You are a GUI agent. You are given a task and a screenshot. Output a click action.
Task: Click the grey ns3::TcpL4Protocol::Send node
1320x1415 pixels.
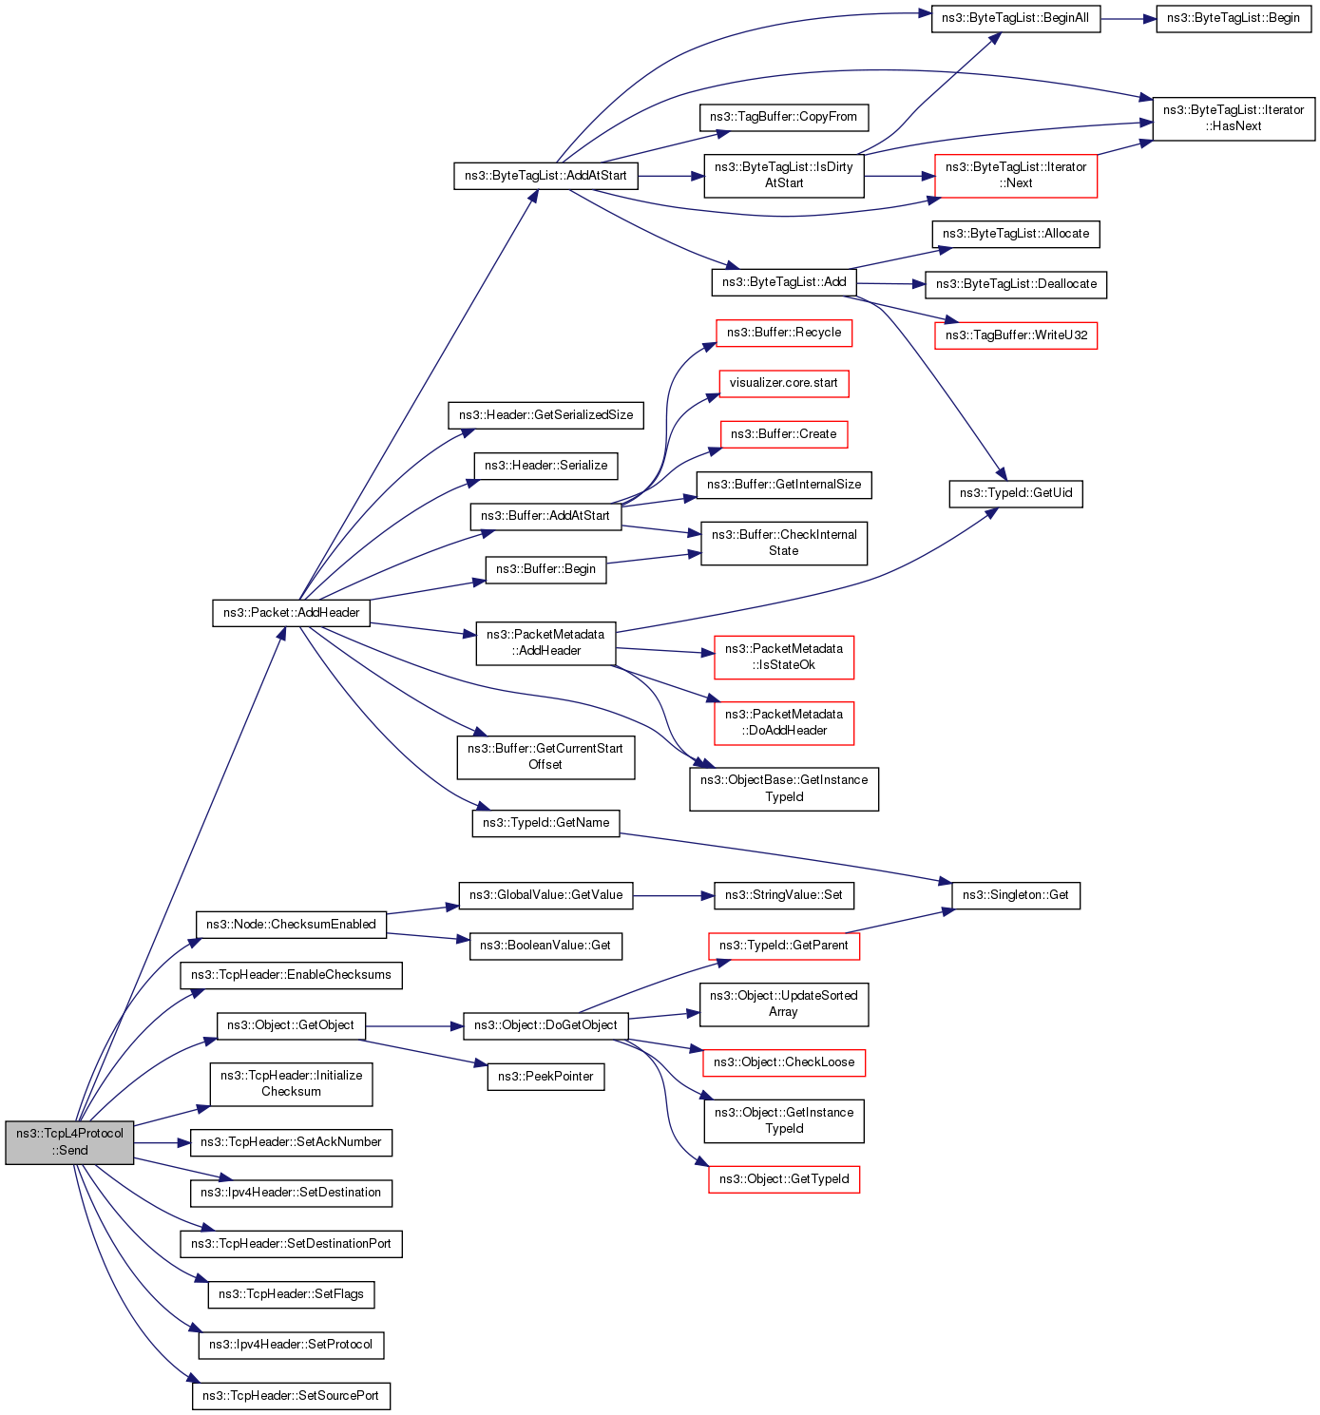point(69,1142)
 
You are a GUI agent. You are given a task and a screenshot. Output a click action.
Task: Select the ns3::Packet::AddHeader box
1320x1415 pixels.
point(291,613)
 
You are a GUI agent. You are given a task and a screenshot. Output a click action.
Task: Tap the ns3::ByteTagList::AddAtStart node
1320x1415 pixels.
point(545,176)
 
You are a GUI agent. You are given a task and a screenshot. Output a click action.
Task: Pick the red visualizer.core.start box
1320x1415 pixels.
point(783,383)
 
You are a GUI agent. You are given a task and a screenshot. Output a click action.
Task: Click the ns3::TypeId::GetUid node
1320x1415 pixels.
point(1015,493)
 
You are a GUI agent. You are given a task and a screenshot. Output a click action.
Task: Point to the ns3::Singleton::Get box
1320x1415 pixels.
point(1015,895)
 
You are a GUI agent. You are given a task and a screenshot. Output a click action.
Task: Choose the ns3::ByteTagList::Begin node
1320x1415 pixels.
point(1233,18)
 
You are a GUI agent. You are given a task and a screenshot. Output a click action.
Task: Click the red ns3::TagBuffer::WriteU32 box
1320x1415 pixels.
point(1015,335)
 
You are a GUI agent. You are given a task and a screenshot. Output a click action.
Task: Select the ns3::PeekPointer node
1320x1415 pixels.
point(545,1077)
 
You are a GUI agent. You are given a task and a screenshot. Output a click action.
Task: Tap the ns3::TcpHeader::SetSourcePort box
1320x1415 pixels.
point(291,1396)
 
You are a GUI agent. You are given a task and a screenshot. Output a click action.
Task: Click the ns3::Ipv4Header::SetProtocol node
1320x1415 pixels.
point(291,1345)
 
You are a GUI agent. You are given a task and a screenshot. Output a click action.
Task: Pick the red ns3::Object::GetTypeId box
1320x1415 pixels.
point(783,1179)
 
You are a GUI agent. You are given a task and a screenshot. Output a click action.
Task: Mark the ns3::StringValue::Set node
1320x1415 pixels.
point(783,895)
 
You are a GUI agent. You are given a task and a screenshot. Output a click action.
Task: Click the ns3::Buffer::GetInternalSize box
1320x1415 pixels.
point(783,485)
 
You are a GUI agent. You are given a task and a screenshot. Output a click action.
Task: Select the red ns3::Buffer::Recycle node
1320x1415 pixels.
point(783,333)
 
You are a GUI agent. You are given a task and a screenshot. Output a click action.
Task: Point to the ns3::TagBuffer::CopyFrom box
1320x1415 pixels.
point(783,117)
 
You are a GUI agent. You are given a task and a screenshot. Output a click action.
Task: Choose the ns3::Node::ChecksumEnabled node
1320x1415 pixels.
point(291,925)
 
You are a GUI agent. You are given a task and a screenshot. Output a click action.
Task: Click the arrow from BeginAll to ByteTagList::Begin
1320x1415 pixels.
point(1128,18)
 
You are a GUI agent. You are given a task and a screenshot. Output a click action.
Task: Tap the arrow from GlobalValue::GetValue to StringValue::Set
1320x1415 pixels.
point(673,895)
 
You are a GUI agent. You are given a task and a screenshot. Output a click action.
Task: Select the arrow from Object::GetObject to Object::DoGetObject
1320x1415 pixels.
point(414,1026)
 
